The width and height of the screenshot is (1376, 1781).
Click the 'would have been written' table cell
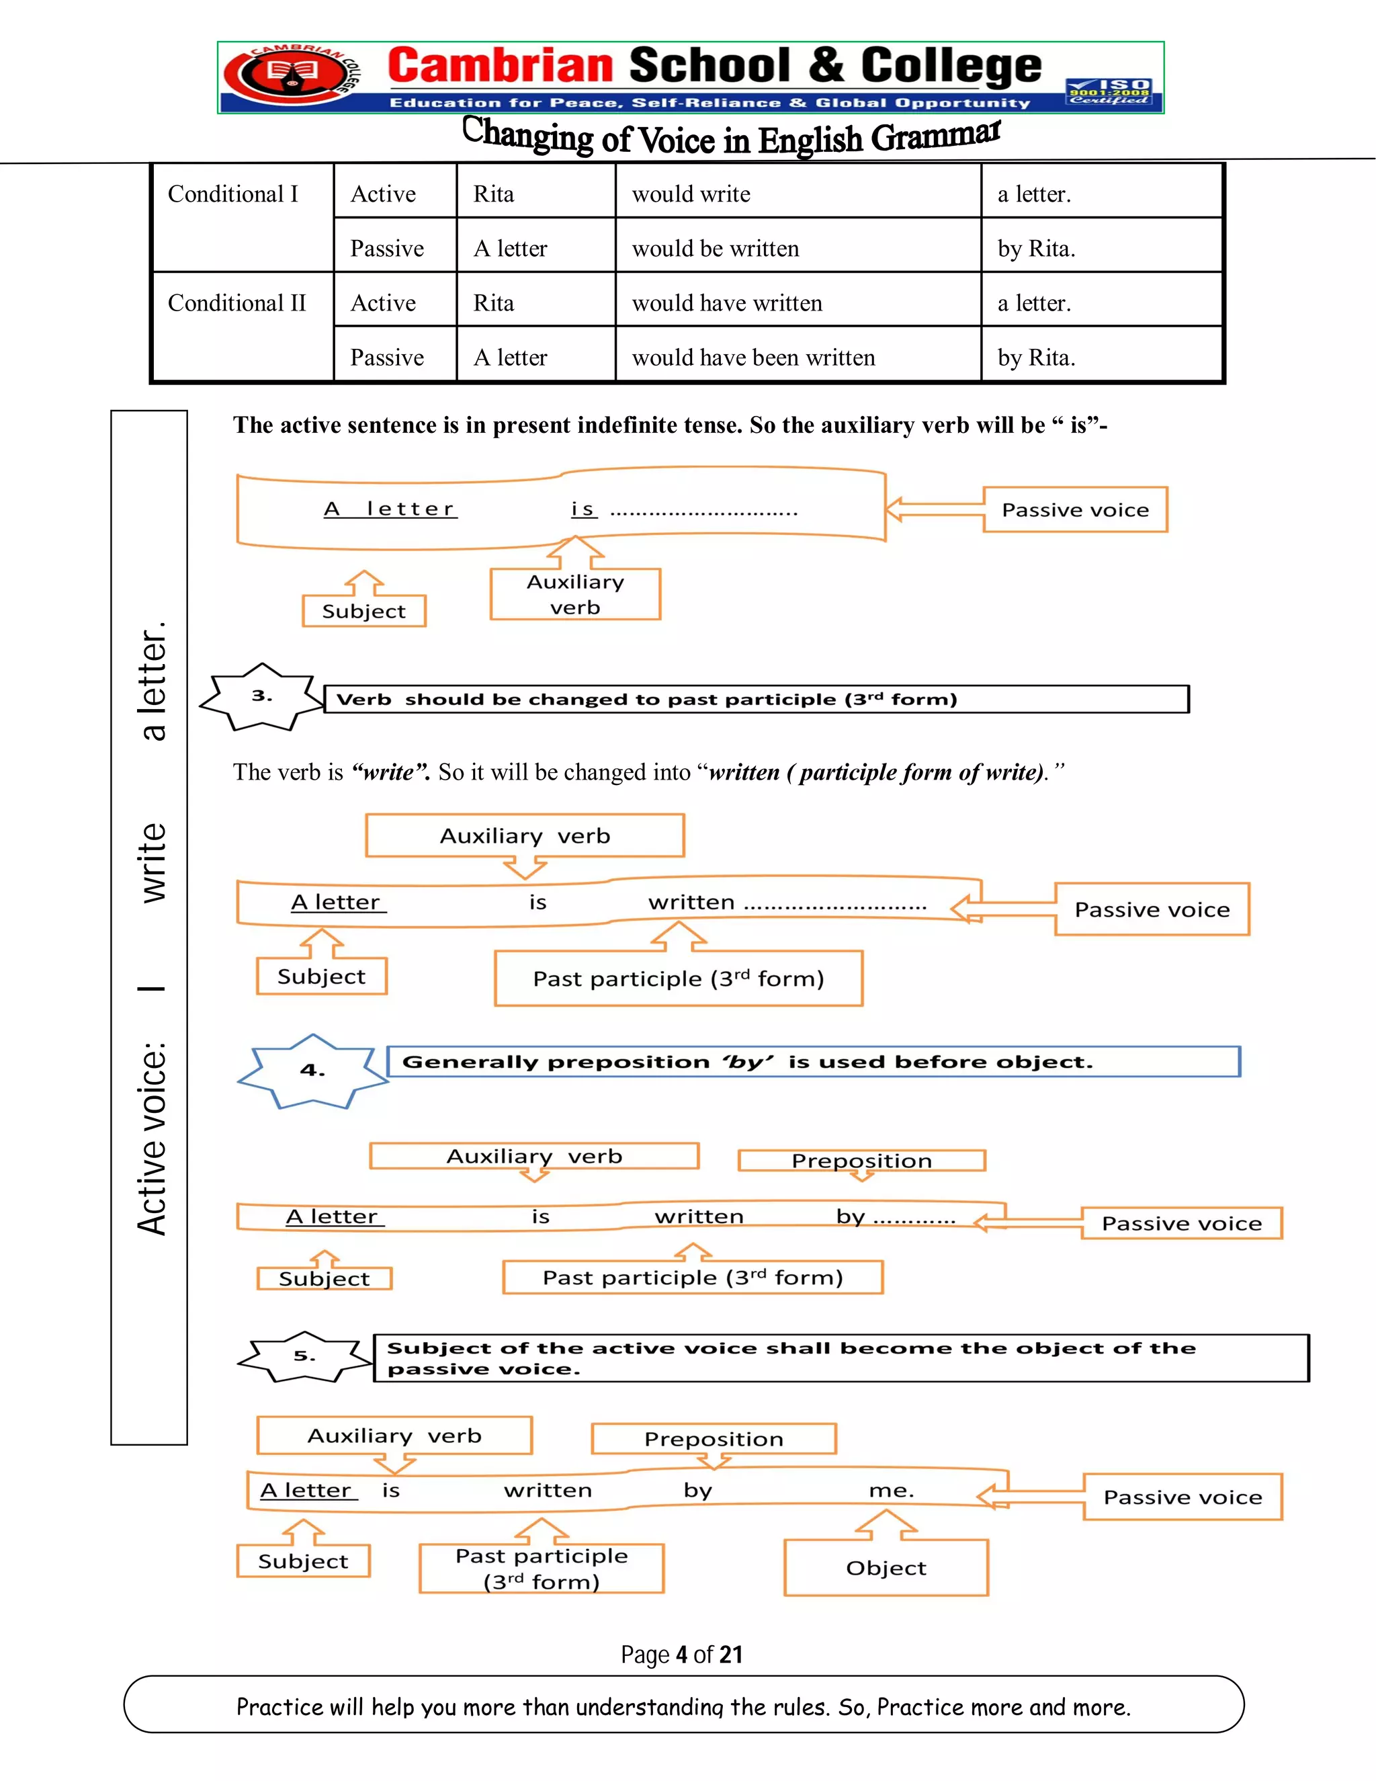[752, 357]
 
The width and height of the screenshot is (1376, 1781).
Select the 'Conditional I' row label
[233, 194]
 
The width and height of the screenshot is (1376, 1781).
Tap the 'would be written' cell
[715, 248]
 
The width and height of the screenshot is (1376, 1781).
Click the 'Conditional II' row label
[236, 302]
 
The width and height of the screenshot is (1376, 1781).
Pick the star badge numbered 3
[261, 696]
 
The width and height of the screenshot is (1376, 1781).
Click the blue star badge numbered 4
[312, 1071]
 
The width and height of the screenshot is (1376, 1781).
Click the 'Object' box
[886, 1567]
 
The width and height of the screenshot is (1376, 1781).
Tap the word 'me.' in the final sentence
[892, 1491]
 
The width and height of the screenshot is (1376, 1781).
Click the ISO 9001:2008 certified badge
[1109, 91]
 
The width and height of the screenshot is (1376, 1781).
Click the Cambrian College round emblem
[286, 76]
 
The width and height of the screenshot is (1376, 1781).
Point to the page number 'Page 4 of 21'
[681, 1654]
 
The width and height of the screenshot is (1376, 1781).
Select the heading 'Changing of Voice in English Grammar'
[731, 137]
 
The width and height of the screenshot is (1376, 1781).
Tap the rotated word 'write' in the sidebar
[153, 863]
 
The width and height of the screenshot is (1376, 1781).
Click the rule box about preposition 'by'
[813, 1062]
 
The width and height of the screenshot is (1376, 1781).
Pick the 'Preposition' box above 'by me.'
[714, 1440]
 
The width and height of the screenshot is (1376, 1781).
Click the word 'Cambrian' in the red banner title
[500, 66]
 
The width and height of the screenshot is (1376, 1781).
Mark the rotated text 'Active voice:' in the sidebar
[153, 1138]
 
